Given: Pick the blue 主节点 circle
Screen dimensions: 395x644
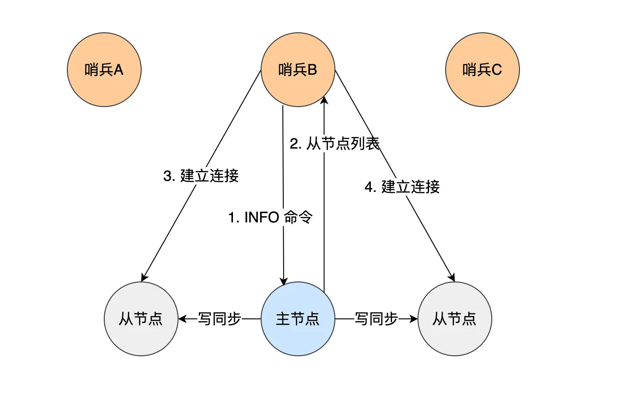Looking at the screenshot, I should (x=298, y=319).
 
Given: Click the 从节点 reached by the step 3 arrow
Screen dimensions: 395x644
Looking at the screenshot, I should (x=141, y=319).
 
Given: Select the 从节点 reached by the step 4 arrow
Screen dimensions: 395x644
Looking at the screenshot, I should (x=455, y=319).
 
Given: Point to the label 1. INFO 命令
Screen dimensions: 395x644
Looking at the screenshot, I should (x=271, y=217).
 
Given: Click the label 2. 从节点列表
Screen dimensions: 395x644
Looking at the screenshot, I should (x=334, y=144).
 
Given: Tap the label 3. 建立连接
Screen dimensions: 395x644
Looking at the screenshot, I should (x=201, y=176).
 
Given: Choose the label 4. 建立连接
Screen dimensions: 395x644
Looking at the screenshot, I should (x=402, y=187).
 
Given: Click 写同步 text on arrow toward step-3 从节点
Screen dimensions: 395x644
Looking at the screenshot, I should (x=220, y=319).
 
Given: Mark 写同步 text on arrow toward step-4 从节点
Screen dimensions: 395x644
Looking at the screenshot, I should (x=376, y=319).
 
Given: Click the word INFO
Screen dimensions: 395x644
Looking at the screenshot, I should (x=262, y=217).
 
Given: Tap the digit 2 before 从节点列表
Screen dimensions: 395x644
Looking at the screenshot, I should (x=293, y=144).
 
